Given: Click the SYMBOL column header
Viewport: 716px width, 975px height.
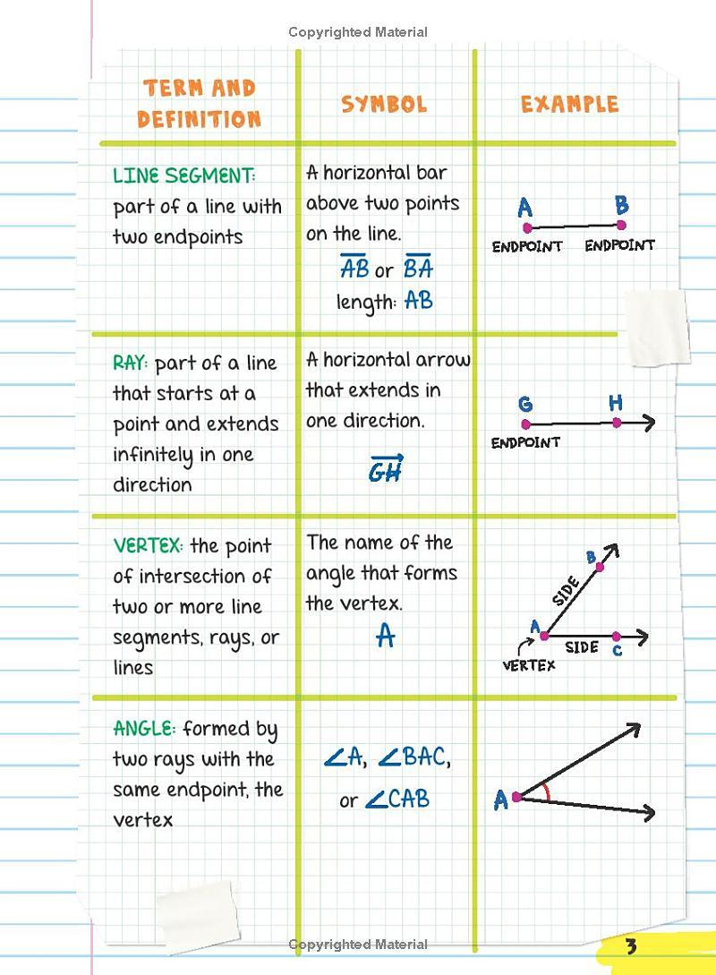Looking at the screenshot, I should tap(384, 104).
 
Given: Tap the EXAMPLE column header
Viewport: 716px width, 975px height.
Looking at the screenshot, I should tap(569, 104).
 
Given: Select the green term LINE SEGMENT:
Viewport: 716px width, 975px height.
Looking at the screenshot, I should tap(184, 175).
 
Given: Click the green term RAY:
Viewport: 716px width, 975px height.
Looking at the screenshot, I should tap(132, 363).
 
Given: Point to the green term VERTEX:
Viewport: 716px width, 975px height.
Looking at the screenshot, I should tap(149, 546).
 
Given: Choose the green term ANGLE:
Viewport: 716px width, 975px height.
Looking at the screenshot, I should tap(145, 729).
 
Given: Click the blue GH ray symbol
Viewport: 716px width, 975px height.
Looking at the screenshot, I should tap(386, 469).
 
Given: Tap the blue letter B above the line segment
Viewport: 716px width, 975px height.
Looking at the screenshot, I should tap(621, 205).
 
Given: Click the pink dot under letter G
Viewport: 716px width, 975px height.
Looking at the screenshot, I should tap(526, 424).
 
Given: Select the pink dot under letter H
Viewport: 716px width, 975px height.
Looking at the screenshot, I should tap(617, 423).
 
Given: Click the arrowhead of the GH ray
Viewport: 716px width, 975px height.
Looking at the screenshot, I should tap(649, 423).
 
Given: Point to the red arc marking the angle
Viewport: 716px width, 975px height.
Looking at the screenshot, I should tap(545, 792).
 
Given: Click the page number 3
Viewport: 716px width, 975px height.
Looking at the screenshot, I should tap(631, 946).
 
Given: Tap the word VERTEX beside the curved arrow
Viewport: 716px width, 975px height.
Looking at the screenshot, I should tap(528, 665).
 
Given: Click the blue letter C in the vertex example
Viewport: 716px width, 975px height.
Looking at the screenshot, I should tap(617, 651).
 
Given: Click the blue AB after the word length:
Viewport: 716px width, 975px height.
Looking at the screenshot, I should tap(419, 301).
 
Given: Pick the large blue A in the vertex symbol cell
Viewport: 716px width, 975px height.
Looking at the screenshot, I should tap(385, 636).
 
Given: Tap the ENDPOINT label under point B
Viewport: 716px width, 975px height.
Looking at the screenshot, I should tap(619, 245).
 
